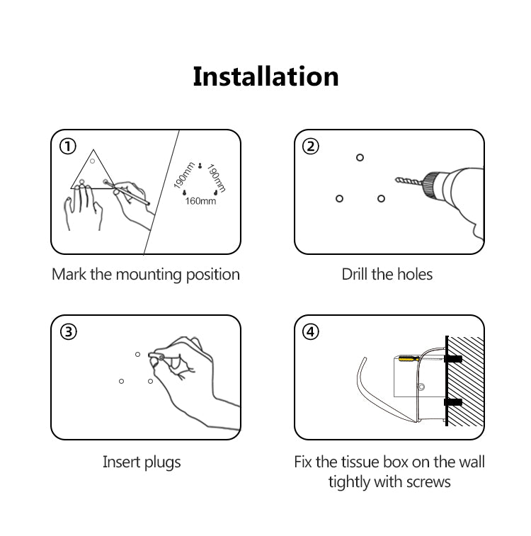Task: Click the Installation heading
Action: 265,76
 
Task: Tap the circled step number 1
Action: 68,147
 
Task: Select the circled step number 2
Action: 311,147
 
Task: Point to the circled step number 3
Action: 69,331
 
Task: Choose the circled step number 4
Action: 311,331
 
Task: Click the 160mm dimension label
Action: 200,201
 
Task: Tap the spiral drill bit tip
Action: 397,180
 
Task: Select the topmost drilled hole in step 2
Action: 360,158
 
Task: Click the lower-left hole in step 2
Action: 339,198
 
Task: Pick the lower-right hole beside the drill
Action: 382,198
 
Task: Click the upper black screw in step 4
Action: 453,359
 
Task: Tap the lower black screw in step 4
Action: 453,402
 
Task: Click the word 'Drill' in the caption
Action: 355,274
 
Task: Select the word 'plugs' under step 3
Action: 162,463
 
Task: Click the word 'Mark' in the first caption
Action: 69,274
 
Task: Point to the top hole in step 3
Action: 137,355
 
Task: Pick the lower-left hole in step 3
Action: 121,381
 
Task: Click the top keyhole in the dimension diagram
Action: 200,166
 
